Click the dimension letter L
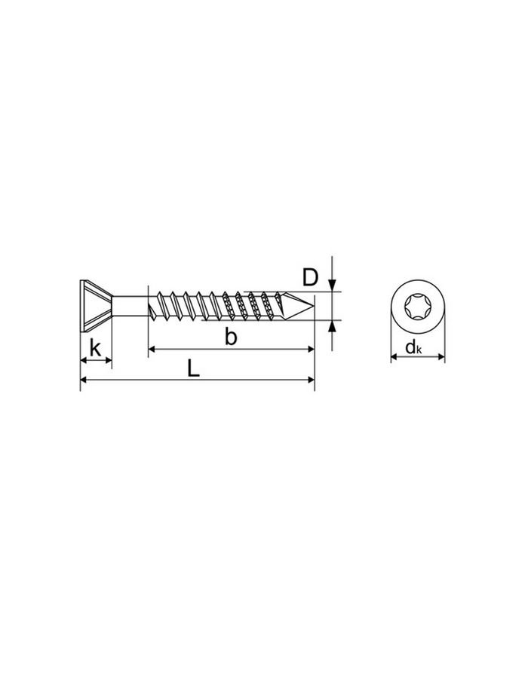[193, 369]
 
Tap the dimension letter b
[231, 337]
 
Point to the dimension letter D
[310, 277]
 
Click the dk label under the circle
[413, 347]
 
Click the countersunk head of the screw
[96, 306]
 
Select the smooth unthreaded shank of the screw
[130, 307]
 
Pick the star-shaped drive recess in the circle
[417, 307]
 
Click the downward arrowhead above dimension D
[332, 286]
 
